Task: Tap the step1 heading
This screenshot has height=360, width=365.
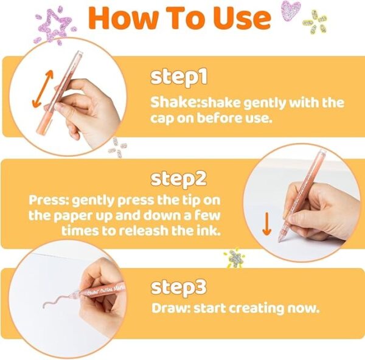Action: pyautogui.click(x=179, y=77)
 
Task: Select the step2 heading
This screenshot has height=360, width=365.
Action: pyautogui.click(x=179, y=179)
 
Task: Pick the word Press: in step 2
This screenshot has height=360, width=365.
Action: pyautogui.click(x=49, y=200)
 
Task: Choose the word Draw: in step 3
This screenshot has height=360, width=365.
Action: pyautogui.click(x=171, y=308)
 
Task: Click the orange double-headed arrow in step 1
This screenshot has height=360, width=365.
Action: pyautogui.click(x=43, y=89)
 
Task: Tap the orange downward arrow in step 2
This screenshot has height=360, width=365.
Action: pyautogui.click(x=267, y=224)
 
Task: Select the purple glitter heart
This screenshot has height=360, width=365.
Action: pyautogui.click(x=291, y=11)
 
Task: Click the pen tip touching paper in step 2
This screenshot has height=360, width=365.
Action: pyautogui.click(x=279, y=241)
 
